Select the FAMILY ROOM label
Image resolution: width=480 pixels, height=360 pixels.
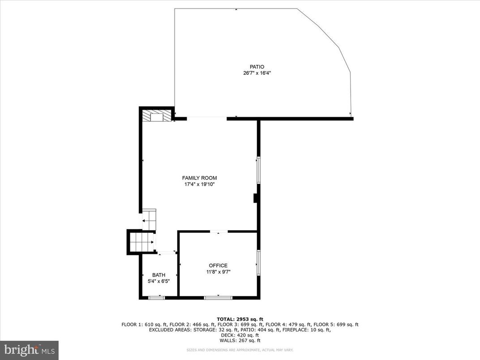coord(199,178)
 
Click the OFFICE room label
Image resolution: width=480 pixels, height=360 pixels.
coord(218,266)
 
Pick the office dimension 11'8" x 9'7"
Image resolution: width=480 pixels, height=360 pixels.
coord(218,272)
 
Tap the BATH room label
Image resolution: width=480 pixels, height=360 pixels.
coord(159,275)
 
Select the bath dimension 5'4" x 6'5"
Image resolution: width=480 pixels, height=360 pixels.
coord(159,281)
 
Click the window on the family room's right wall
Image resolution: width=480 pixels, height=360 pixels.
coord(258,170)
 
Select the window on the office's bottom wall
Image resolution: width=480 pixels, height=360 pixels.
coord(218,297)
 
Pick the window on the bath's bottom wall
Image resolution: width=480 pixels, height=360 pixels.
coord(156,297)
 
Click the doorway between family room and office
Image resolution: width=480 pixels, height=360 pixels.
coord(219,231)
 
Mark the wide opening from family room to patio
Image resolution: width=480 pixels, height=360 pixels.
coord(207,118)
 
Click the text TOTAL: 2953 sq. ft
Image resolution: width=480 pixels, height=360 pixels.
coord(240,319)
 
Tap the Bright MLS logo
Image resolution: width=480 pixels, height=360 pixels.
coord(29,349)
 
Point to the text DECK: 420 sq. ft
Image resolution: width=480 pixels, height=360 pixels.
coord(240,335)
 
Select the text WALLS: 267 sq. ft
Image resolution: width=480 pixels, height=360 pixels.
coord(240,340)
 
